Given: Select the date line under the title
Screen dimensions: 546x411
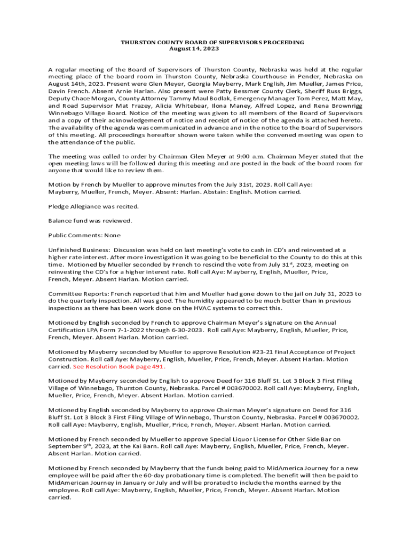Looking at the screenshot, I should pos(194,49).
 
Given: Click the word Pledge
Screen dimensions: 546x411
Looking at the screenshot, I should pos(58,206).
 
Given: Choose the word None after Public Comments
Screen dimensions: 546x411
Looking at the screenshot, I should pos(113,235).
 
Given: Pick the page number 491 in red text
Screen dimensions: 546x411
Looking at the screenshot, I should pos(157,367).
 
